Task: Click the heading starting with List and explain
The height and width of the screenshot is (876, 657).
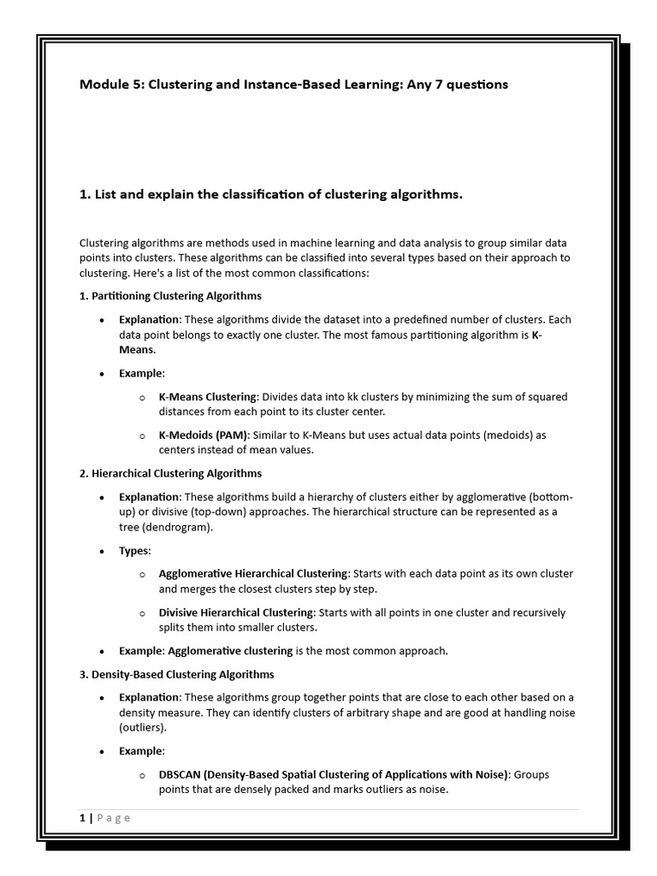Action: pyautogui.click(x=270, y=194)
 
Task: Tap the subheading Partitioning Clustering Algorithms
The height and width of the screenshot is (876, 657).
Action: pyautogui.click(x=170, y=296)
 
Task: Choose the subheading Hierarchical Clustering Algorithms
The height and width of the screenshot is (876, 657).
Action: pyautogui.click(x=170, y=473)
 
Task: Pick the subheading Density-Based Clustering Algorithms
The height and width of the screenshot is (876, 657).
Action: pyautogui.click(x=176, y=674)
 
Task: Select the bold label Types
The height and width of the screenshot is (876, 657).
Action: pyautogui.click(x=133, y=550)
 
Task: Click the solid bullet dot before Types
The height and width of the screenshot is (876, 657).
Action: pyautogui.click(x=102, y=551)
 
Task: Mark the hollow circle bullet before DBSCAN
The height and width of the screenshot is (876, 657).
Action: pyautogui.click(x=142, y=775)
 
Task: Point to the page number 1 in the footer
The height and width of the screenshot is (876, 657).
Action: pyautogui.click(x=82, y=818)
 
